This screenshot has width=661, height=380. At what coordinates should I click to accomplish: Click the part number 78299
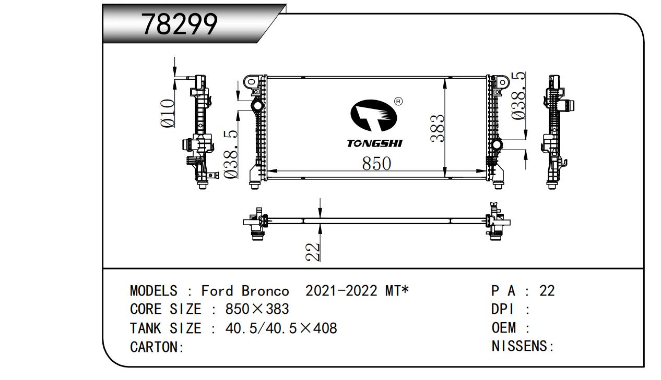pos(180,24)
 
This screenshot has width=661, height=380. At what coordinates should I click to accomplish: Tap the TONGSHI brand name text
pos(374,143)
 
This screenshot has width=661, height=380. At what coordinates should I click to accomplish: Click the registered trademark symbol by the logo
pos(398,101)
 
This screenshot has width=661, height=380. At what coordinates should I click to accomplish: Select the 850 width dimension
pos(376,163)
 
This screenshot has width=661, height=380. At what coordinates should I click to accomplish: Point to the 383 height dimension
pos(438,128)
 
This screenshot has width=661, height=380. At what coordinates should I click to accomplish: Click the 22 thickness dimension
pos(312,252)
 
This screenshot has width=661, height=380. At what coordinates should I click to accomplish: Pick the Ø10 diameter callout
pos(167,114)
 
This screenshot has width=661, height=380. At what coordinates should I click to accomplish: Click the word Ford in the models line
pos(218,291)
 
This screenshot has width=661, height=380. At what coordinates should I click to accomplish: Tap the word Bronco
pos(265,291)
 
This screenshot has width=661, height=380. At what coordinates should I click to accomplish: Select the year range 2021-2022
pos(341,291)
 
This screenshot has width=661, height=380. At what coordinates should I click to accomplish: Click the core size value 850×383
pos(257,309)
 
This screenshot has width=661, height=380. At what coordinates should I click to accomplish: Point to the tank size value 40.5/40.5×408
pos(281,328)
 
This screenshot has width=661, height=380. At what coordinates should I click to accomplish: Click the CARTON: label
pos(157,347)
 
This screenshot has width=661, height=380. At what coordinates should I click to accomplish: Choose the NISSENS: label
pos(522,346)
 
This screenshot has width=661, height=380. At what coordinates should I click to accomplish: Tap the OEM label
pos(503,328)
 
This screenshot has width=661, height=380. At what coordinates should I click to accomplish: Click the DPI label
pos(503,309)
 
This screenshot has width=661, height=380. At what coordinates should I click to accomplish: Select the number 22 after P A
pos(547,291)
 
